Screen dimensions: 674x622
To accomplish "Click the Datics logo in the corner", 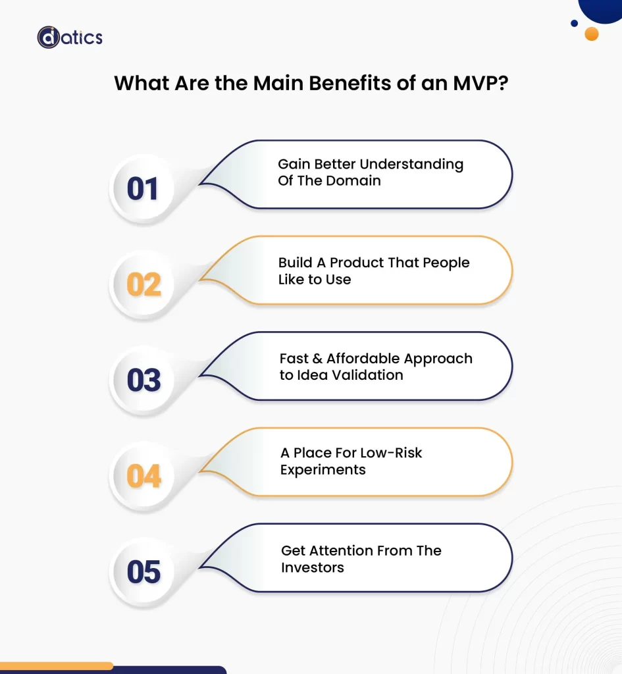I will click(x=70, y=37).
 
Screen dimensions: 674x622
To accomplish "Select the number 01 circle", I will click(x=143, y=189).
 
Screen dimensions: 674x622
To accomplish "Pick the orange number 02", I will click(x=143, y=285).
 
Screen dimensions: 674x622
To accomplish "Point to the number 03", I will click(x=143, y=380).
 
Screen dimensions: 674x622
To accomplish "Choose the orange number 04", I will click(x=143, y=476).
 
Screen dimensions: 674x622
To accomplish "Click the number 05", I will click(x=143, y=572).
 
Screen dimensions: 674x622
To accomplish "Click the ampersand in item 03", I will click(x=317, y=359).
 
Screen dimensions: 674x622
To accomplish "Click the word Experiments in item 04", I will click(x=323, y=470).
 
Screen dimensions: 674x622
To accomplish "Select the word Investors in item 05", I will click(x=312, y=567).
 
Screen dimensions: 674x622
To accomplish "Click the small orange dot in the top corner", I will click(x=591, y=34).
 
